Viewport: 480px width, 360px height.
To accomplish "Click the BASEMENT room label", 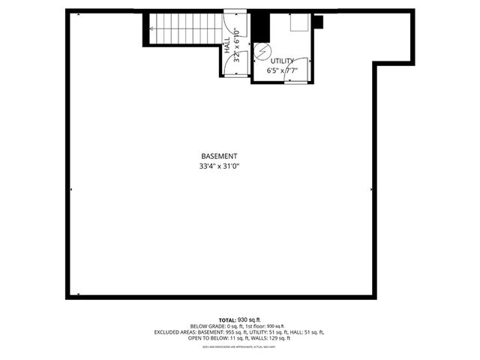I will click(219, 156).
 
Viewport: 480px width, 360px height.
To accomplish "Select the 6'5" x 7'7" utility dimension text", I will click(283, 70).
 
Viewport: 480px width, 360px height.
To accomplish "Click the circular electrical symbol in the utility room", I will click(262, 50).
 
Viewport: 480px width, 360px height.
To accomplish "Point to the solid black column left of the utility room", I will click(259, 27).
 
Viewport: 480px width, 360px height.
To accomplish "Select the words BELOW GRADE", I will click(207, 326).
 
